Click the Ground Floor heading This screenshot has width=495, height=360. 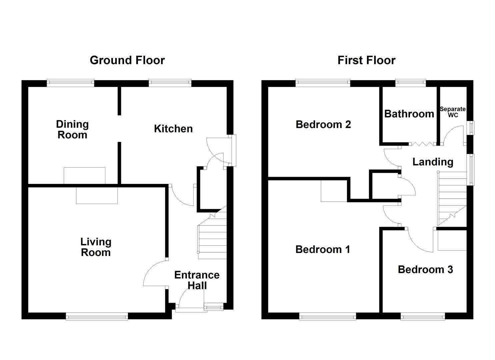[127, 60]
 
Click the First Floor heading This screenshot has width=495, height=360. [366, 60]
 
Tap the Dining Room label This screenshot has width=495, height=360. [72, 129]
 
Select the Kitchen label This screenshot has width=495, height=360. [173, 129]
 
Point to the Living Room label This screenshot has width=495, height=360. [96, 247]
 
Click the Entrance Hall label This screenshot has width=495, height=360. [197, 280]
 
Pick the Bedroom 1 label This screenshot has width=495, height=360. [322, 249]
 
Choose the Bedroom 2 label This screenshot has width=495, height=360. [323, 124]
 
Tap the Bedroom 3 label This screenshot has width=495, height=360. [425, 269]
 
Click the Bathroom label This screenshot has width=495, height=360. [409, 114]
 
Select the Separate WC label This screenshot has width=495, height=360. [452, 112]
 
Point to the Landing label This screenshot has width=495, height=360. [433, 162]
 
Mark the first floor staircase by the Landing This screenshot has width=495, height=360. [452, 198]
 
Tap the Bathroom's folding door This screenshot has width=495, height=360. [422, 144]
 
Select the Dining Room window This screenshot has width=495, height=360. [70, 83]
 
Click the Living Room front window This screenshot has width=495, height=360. [97, 316]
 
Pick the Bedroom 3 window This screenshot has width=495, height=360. [422, 316]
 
